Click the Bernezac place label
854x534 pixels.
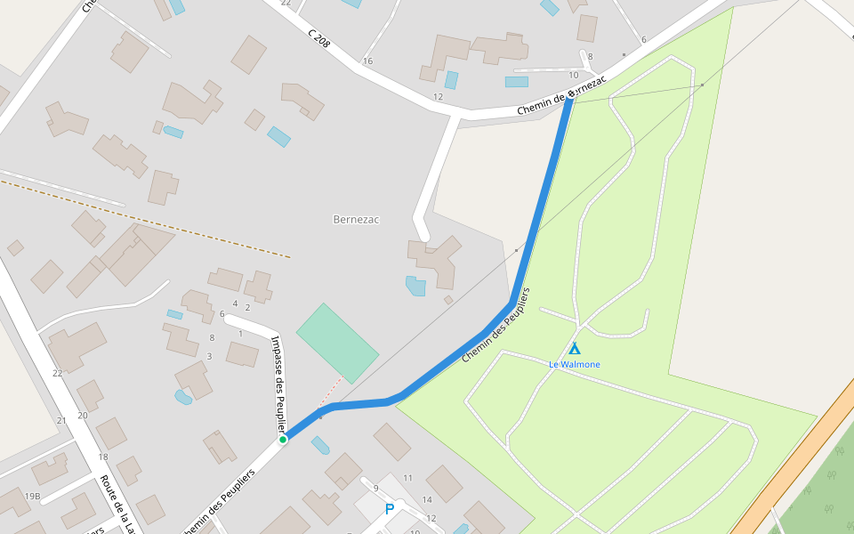[356, 219]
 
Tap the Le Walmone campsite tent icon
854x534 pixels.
[575, 349]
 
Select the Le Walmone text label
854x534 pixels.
[574, 364]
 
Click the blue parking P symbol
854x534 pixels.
[389, 509]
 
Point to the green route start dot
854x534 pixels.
[283, 439]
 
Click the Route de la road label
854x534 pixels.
[117, 504]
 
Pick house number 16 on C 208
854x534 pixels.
[367, 61]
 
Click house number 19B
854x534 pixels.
[32, 496]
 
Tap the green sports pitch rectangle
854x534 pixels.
[337, 343]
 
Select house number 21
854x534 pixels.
[61, 420]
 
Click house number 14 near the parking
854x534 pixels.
[427, 499]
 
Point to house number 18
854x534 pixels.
[103, 457]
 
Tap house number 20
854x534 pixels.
[83, 415]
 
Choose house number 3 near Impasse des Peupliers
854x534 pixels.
[209, 356]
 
